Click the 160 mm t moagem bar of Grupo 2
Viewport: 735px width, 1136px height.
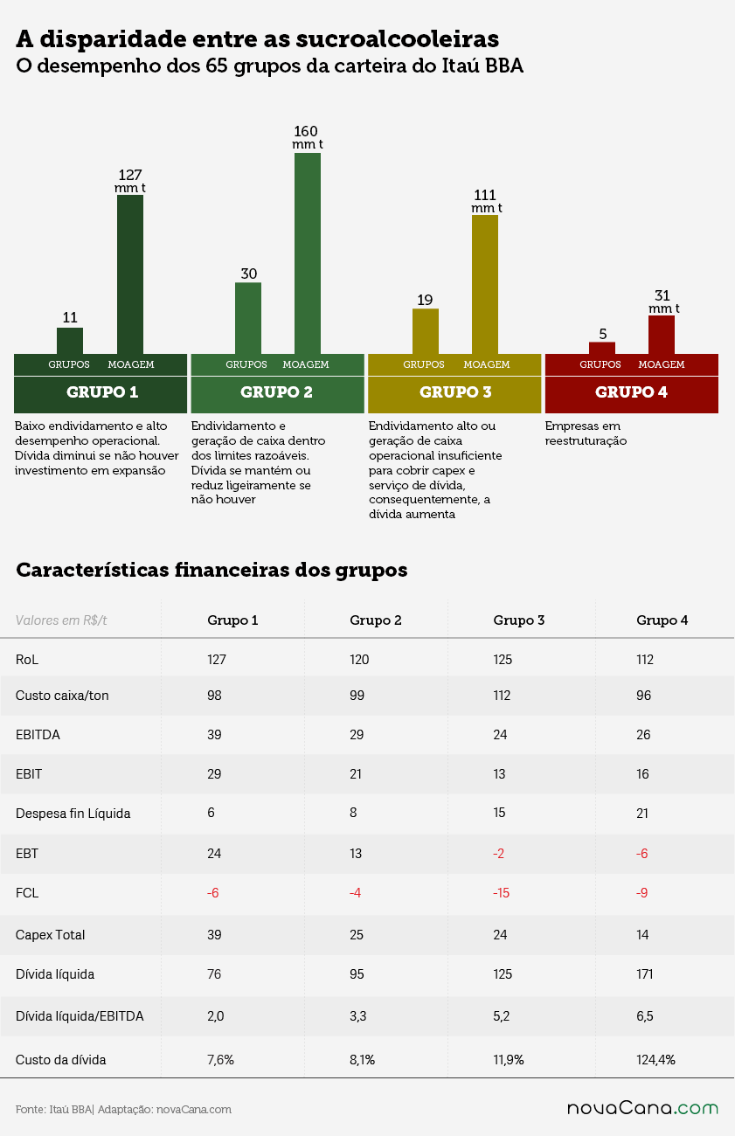point(308,253)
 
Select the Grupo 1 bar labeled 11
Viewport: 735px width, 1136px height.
point(70,341)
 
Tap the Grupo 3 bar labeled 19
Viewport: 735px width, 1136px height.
point(425,331)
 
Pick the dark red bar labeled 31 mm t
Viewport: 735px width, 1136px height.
point(662,335)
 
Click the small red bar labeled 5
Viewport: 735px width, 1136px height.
point(602,348)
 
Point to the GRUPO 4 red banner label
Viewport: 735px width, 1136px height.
point(631,392)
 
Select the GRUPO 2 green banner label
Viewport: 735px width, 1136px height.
point(276,392)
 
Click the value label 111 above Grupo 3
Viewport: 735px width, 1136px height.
point(485,195)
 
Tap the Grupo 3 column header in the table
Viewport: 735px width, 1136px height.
point(519,620)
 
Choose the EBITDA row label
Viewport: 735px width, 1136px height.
point(38,735)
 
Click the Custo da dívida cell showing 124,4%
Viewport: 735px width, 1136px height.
point(655,1060)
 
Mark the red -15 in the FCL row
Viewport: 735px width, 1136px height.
point(501,892)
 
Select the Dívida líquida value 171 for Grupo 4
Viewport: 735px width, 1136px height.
point(645,974)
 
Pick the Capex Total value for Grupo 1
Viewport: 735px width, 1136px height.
point(214,935)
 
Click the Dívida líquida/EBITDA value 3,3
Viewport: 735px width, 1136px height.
point(358,1016)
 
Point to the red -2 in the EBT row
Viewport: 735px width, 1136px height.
point(499,854)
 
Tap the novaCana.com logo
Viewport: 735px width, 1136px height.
point(642,1108)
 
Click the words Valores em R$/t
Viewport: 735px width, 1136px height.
point(61,620)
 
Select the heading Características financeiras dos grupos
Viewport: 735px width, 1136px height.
point(211,570)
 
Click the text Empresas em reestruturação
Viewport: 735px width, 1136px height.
point(586,433)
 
